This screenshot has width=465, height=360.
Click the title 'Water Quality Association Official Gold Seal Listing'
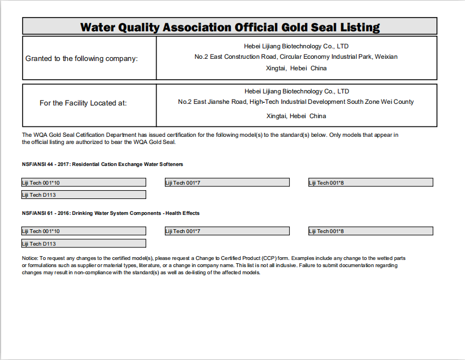(230, 27)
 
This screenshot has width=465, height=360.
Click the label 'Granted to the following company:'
(82, 58)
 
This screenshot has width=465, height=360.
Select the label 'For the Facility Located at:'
(83, 103)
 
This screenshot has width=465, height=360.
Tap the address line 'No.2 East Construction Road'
(296, 57)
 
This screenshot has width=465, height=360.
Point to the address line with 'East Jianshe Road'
(296, 102)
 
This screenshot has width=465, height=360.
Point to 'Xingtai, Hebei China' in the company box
(296, 68)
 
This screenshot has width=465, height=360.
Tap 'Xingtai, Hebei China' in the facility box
(296, 116)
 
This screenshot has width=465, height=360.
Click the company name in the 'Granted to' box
(296, 46)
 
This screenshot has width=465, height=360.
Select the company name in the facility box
(296, 91)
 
